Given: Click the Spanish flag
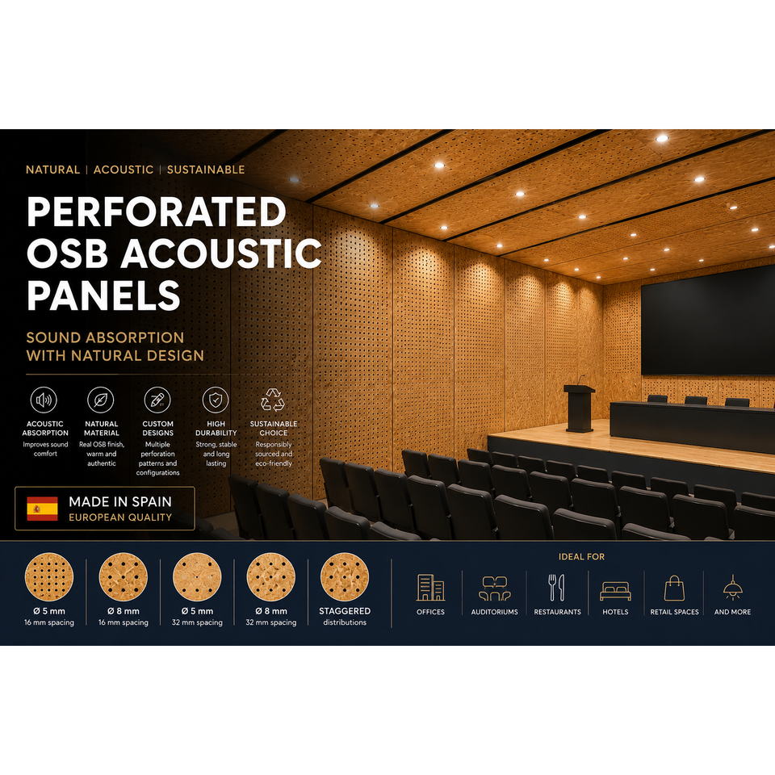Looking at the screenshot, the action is click(42, 509).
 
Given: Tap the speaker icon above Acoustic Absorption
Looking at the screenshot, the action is click(44, 400).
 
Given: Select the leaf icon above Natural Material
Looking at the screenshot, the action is click(101, 400).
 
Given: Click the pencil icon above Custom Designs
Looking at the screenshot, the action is click(157, 400).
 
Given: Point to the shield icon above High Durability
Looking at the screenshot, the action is click(216, 400).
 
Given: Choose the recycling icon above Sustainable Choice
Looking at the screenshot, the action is click(273, 400).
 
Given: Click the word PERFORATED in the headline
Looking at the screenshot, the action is click(156, 212).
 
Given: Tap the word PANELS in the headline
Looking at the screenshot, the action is click(103, 295).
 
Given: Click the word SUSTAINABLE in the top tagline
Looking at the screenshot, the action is click(206, 170).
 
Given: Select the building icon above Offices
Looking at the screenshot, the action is click(430, 588).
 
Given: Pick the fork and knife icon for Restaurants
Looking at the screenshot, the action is click(556, 588).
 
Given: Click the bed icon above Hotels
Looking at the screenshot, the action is click(615, 591).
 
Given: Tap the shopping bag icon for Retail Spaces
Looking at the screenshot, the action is click(674, 588).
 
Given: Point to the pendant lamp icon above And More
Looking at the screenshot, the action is click(732, 587).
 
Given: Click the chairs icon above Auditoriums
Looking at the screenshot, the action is click(494, 589).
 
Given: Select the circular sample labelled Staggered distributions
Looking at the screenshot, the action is click(345, 576).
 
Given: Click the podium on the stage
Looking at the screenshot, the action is click(580, 408).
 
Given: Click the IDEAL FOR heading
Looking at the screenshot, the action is click(581, 556).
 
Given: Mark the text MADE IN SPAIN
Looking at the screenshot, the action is click(120, 501).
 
